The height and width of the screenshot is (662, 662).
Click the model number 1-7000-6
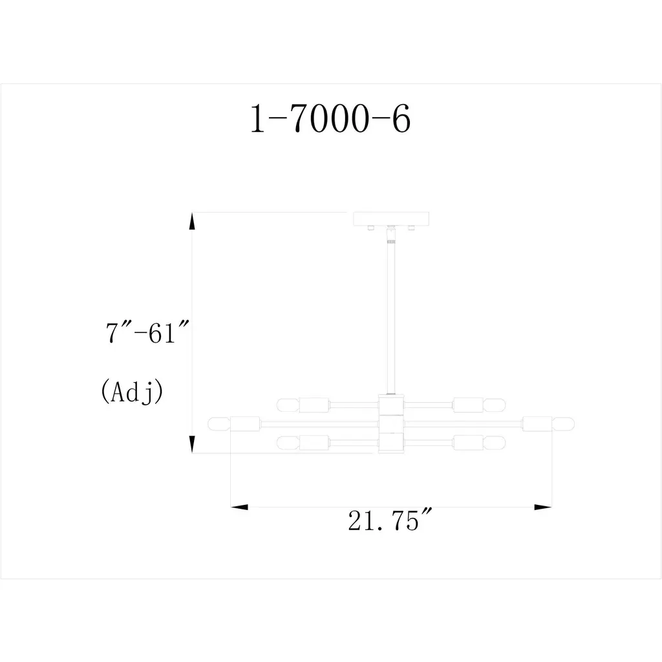[330, 119]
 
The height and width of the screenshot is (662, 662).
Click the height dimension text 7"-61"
[147, 333]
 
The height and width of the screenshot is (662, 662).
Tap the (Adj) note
[132, 391]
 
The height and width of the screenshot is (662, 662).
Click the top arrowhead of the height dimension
[191, 221]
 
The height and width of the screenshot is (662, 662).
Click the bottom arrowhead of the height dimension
[191, 444]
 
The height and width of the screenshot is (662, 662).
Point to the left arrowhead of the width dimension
[239, 507]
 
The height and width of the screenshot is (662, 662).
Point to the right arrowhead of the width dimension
[543, 507]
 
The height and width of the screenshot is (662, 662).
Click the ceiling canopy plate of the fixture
[391, 219]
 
